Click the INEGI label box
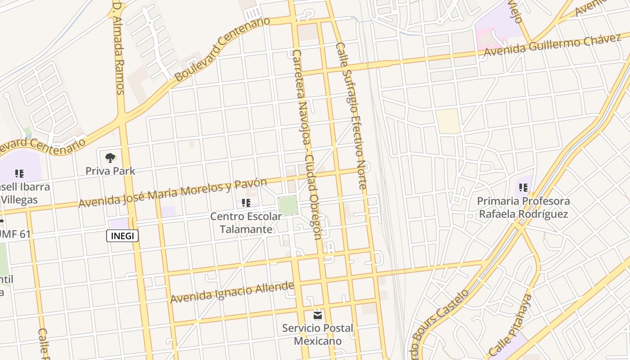tap(122, 236)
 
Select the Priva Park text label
tap(110, 171)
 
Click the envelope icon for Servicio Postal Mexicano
tap(318, 315)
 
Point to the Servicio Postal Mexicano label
tap(318, 334)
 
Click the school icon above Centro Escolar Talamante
tap(246, 203)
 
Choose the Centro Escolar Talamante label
tap(246, 223)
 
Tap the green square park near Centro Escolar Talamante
tap(288, 206)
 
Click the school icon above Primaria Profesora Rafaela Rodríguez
tap(523, 187)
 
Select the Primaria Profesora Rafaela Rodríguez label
tap(523, 207)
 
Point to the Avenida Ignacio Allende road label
tap(232, 292)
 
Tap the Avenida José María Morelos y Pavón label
tap(173, 193)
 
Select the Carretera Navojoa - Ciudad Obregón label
tap(307, 144)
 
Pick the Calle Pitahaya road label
tap(510, 325)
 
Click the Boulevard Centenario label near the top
tap(222, 49)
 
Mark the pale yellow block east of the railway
tap(448, 121)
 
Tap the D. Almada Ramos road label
tap(118, 49)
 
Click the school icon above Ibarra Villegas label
tap(19, 173)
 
